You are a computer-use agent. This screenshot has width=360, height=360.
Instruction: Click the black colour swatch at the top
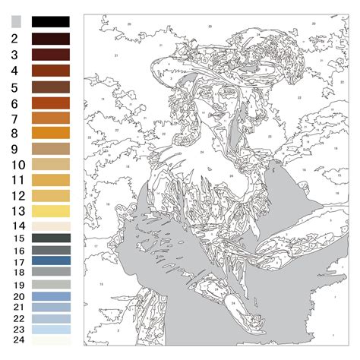[x=50, y=22]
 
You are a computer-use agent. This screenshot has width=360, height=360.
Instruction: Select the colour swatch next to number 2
[x=50, y=38]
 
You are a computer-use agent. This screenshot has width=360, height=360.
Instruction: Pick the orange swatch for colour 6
[x=50, y=103]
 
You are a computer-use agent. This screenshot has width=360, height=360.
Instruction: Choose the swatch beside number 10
[x=50, y=164]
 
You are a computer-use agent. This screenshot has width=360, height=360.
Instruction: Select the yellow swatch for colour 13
[x=50, y=210]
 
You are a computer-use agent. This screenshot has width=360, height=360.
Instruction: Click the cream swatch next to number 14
[x=50, y=226]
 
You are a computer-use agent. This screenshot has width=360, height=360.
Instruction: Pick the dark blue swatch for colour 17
[x=50, y=261]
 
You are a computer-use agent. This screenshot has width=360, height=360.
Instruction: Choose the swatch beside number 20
[x=50, y=296]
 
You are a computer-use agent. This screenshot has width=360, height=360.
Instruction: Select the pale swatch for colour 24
[x=50, y=341]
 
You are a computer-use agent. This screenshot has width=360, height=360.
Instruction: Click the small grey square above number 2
[x=17, y=22]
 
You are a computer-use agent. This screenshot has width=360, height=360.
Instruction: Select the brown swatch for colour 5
[x=50, y=87]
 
